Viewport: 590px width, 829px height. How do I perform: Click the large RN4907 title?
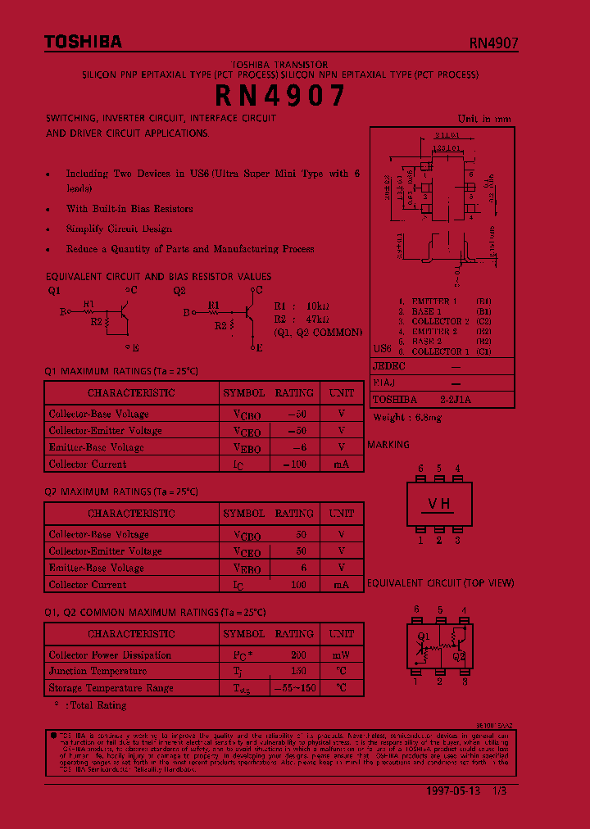click(280, 97)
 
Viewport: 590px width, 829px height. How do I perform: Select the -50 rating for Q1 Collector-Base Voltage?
click(296, 413)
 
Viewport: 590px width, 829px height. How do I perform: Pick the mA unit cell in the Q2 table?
click(341, 584)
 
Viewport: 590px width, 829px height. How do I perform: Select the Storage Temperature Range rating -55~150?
click(294, 688)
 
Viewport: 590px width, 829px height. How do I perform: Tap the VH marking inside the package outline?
click(439, 505)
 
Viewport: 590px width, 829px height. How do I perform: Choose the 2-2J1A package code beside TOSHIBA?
click(456, 400)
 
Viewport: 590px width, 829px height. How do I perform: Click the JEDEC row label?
click(389, 366)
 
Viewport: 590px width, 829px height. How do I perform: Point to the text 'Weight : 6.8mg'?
click(407, 418)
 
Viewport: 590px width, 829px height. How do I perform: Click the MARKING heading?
click(388, 444)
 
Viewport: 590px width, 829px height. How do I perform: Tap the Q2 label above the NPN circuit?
click(179, 290)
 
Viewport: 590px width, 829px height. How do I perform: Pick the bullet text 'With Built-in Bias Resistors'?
click(129, 209)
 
